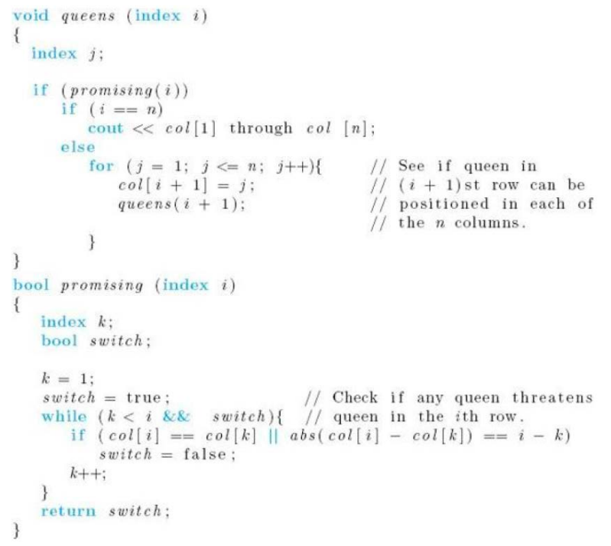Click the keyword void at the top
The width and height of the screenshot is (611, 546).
28,16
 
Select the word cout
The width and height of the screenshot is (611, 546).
105,128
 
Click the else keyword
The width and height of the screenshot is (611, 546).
76,147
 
